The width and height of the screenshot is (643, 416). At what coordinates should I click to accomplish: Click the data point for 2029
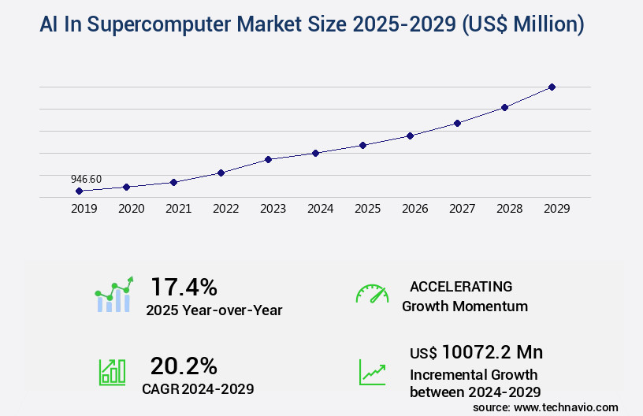point(552,87)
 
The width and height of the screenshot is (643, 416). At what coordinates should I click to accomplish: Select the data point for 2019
point(79,191)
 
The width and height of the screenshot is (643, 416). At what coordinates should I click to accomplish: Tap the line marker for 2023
point(268,159)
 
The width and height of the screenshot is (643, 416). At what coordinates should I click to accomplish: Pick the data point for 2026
point(410,136)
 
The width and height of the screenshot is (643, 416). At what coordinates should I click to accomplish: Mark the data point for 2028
point(504,107)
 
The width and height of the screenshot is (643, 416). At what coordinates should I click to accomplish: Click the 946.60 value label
point(86,179)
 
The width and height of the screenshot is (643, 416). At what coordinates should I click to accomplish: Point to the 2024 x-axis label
point(320,209)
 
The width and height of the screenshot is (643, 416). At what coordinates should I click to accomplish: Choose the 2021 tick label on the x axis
point(178,209)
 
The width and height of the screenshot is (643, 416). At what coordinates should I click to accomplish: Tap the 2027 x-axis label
point(462,209)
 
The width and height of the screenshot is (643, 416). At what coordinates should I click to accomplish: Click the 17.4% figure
point(184,286)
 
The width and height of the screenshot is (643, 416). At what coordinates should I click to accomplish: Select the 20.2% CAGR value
point(184,366)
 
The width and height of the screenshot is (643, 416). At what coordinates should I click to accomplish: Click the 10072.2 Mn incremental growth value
point(492,352)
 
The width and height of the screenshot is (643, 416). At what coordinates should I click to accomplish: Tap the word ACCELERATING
point(461,286)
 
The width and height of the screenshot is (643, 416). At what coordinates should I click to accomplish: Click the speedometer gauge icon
point(372,294)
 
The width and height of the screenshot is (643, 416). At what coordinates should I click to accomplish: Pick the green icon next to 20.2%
point(112,372)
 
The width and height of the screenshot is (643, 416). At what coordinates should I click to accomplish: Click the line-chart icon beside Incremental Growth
point(372,372)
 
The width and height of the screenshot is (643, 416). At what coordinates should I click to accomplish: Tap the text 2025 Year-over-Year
point(214,310)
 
